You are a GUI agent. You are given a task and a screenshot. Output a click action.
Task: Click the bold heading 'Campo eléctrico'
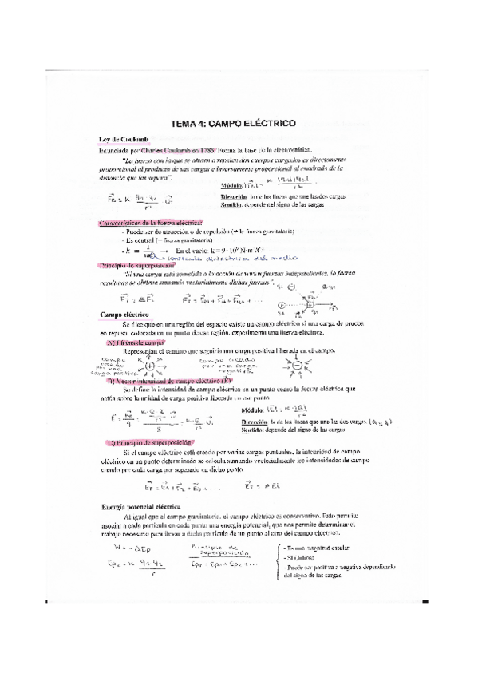click(125, 314)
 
